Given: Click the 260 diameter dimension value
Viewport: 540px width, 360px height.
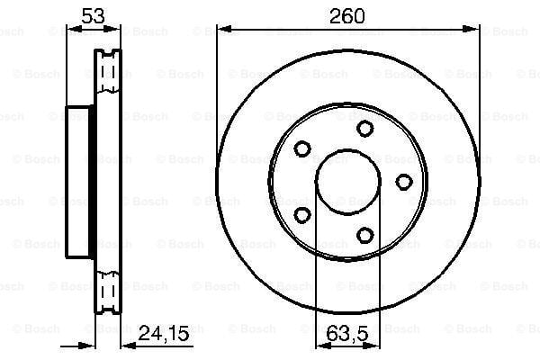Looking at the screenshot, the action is coord(346,16).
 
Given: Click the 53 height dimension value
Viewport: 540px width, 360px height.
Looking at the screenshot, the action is coord(93,16).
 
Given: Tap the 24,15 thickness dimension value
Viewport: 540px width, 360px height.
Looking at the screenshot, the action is coord(164,334).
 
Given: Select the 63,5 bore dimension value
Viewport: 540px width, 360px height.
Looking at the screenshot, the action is coord(347,334).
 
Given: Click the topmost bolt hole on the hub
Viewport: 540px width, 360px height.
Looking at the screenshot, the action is coord(364,129).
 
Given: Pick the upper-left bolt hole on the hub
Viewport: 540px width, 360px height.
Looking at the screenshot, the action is coord(302,148).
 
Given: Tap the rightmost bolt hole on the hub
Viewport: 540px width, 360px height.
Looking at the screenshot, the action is coord(403,182).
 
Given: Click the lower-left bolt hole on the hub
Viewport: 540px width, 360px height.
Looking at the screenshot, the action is coord(302,215).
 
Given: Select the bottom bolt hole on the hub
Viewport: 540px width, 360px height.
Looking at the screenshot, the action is coord(364,236).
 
